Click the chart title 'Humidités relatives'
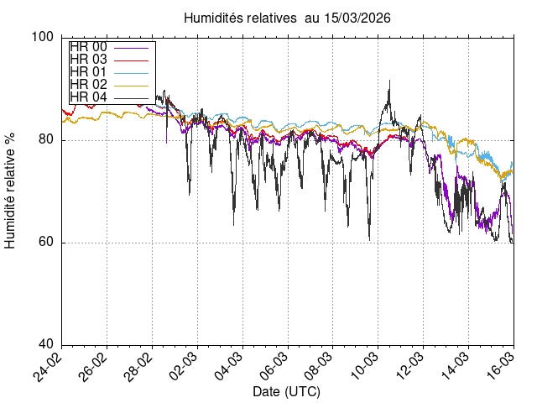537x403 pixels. [x=239, y=17]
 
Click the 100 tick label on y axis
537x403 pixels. [x=43, y=37]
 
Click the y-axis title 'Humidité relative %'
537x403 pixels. [x=11, y=191]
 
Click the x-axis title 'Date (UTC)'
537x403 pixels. [x=286, y=391]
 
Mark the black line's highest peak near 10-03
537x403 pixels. [x=389, y=81]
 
